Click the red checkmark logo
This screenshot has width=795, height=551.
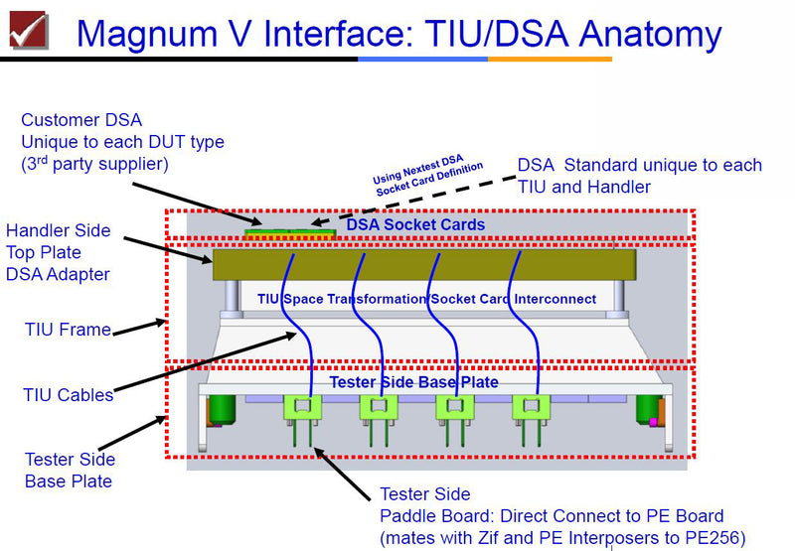[x=28, y=29]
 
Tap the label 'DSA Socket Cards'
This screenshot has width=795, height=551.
[x=415, y=225]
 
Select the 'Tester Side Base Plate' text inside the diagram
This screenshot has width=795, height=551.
[x=413, y=382]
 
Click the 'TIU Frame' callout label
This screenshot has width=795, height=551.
[x=68, y=330]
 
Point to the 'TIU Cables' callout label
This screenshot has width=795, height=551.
[x=68, y=395]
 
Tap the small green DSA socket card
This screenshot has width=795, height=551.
[x=288, y=235]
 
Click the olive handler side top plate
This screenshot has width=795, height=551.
[x=422, y=264]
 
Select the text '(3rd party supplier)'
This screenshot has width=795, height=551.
[x=96, y=163]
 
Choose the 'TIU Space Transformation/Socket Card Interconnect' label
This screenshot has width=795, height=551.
[x=426, y=299]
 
